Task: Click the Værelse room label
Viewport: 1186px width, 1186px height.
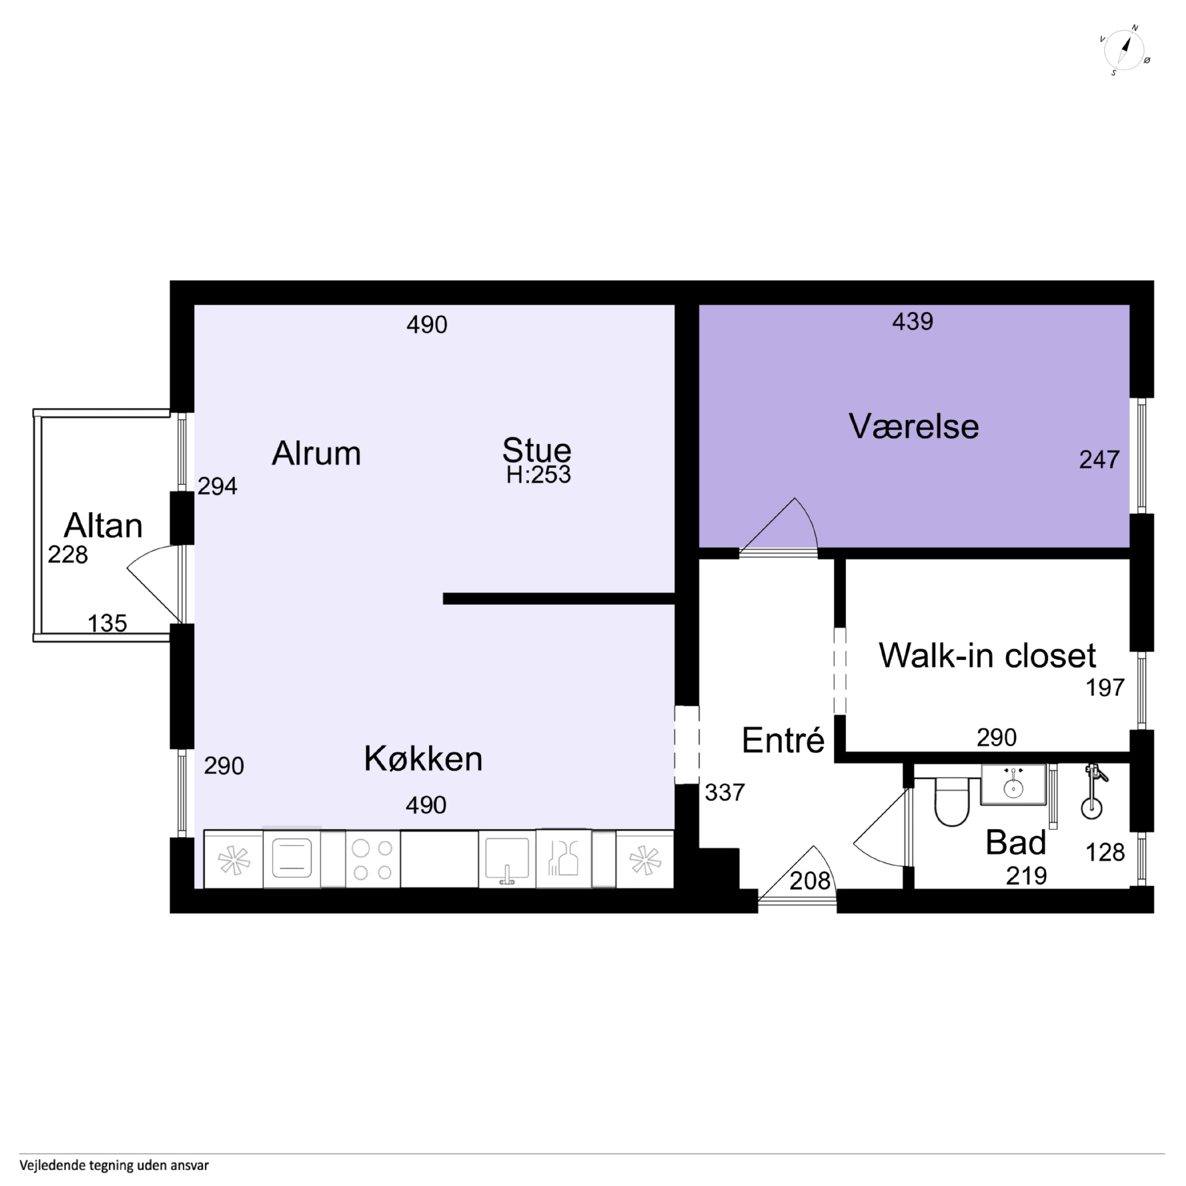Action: tap(914, 427)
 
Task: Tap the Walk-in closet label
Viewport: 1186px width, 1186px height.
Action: tap(987, 656)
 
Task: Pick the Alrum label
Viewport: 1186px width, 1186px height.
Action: tap(316, 454)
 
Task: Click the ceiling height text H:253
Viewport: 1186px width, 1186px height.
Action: tap(538, 475)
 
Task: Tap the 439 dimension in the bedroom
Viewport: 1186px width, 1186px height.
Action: tap(913, 322)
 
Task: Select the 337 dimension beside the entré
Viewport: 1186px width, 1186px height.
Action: tap(725, 792)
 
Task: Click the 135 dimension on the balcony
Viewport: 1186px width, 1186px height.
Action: tap(107, 624)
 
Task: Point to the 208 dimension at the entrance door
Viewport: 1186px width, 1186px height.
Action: tap(810, 881)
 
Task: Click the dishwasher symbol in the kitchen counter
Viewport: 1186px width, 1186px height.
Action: tap(564, 859)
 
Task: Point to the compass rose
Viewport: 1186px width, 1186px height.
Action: tap(1125, 52)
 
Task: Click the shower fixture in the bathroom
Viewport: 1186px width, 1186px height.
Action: tap(1092, 792)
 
